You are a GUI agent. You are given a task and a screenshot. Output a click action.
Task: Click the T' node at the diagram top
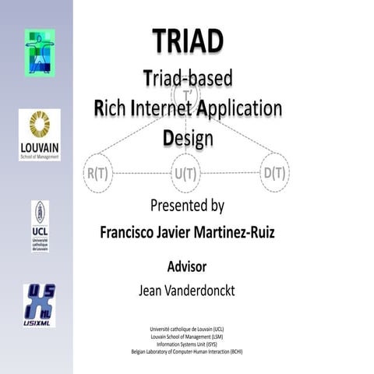pos(188,97)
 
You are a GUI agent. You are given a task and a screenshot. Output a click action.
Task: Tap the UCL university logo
pos(40,226)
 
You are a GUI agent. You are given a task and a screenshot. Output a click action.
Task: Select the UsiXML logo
pos(39,304)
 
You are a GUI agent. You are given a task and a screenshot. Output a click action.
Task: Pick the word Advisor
pos(187,266)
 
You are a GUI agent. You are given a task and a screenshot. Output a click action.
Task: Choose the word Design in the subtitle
pos(188,139)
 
